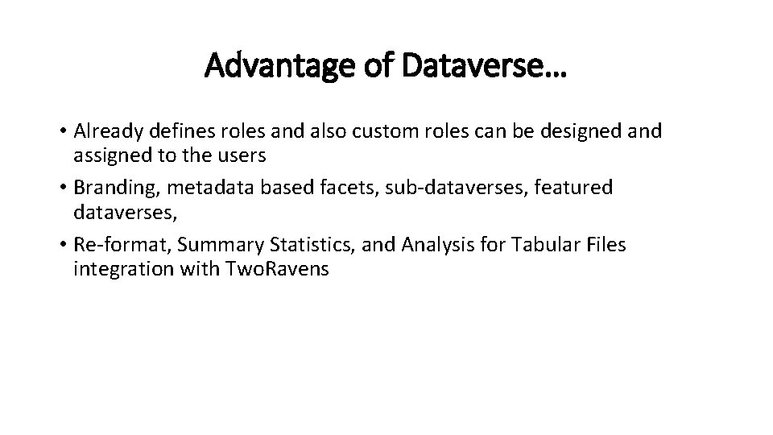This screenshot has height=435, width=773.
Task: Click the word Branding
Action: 118,188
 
